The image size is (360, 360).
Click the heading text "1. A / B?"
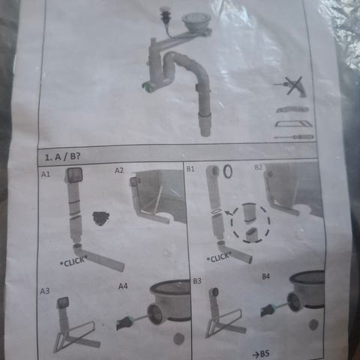click(x=62, y=157)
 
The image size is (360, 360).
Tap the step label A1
click(x=46, y=174)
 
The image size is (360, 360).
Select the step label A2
click(x=119, y=170)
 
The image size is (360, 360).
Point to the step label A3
click(x=45, y=291)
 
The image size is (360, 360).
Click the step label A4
click(x=123, y=286)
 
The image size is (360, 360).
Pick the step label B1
click(x=190, y=169)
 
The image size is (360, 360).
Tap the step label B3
click(x=197, y=281)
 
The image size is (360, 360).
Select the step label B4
click(x=265, y=277)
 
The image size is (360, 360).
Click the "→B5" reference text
click(x=261, y=354)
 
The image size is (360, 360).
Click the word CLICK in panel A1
click(x=74, y=262)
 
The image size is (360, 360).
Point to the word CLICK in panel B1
click(x=220, y=257)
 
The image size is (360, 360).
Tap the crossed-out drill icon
click(x=292, y=86)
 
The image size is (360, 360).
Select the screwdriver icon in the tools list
click(x=294, y=137)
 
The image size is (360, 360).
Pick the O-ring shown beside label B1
click(x=227, y=172)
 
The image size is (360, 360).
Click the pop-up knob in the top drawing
click(x=164, y=12)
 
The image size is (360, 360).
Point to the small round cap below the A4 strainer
click(x=178, y=338)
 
